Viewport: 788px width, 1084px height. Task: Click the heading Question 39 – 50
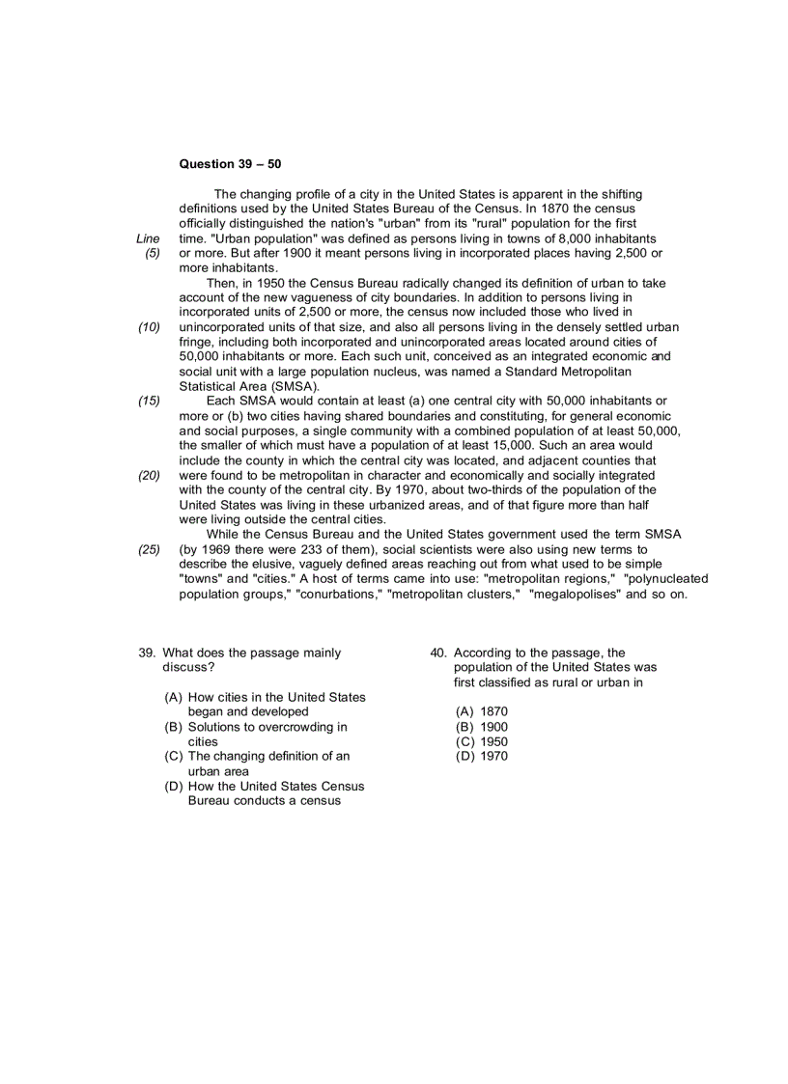tap(230, 164)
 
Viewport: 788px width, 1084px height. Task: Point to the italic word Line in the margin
tap(148, 238)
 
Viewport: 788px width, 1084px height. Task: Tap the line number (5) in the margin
tap(152, 253)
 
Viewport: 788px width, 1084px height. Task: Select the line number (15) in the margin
tap(149, 401)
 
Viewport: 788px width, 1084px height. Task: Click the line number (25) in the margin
tap(149, 549)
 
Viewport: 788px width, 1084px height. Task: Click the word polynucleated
tap(665, 578)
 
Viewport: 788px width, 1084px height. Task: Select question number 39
tap(148, 653)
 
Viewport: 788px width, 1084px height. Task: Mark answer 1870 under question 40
tap(493, 711)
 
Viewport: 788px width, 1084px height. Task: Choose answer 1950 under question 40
tap(493, 741)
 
